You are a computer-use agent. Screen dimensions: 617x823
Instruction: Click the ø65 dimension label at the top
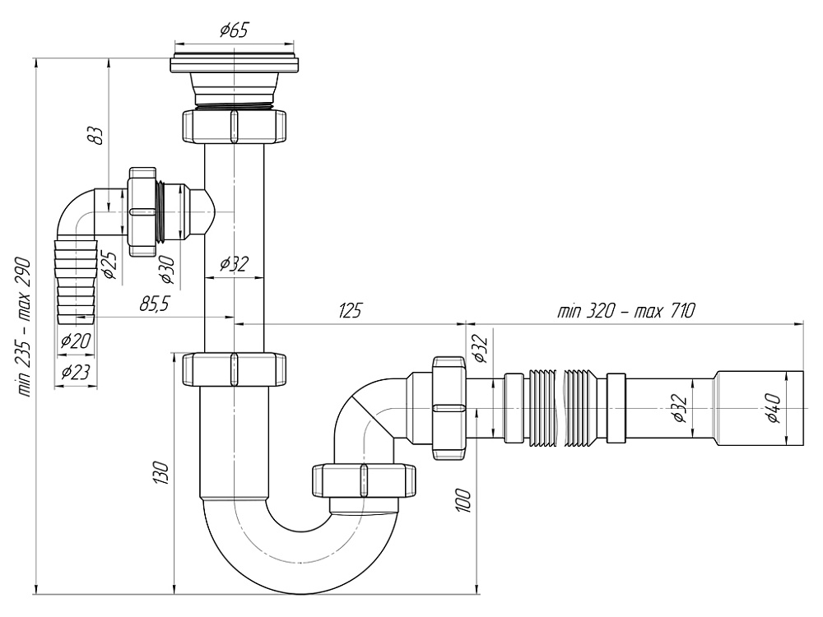click(234, 31)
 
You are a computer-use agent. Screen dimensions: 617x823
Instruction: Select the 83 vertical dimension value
click(97, 134)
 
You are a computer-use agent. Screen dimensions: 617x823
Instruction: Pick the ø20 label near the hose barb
click(76, 339)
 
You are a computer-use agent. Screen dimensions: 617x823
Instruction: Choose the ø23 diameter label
click(75, 373)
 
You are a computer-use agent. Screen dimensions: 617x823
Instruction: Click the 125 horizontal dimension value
click(350, 310)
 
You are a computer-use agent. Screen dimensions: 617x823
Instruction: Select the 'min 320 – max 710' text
click(626, 310)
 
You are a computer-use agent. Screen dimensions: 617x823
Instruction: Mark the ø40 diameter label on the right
click(773, 408)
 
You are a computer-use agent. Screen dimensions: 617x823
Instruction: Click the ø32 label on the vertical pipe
click(234, 264)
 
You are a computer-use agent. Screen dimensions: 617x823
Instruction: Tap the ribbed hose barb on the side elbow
click(77, 279)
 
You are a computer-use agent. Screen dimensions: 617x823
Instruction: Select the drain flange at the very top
click(234, 65)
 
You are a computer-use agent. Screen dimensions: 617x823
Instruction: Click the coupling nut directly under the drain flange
click(235, 124)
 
